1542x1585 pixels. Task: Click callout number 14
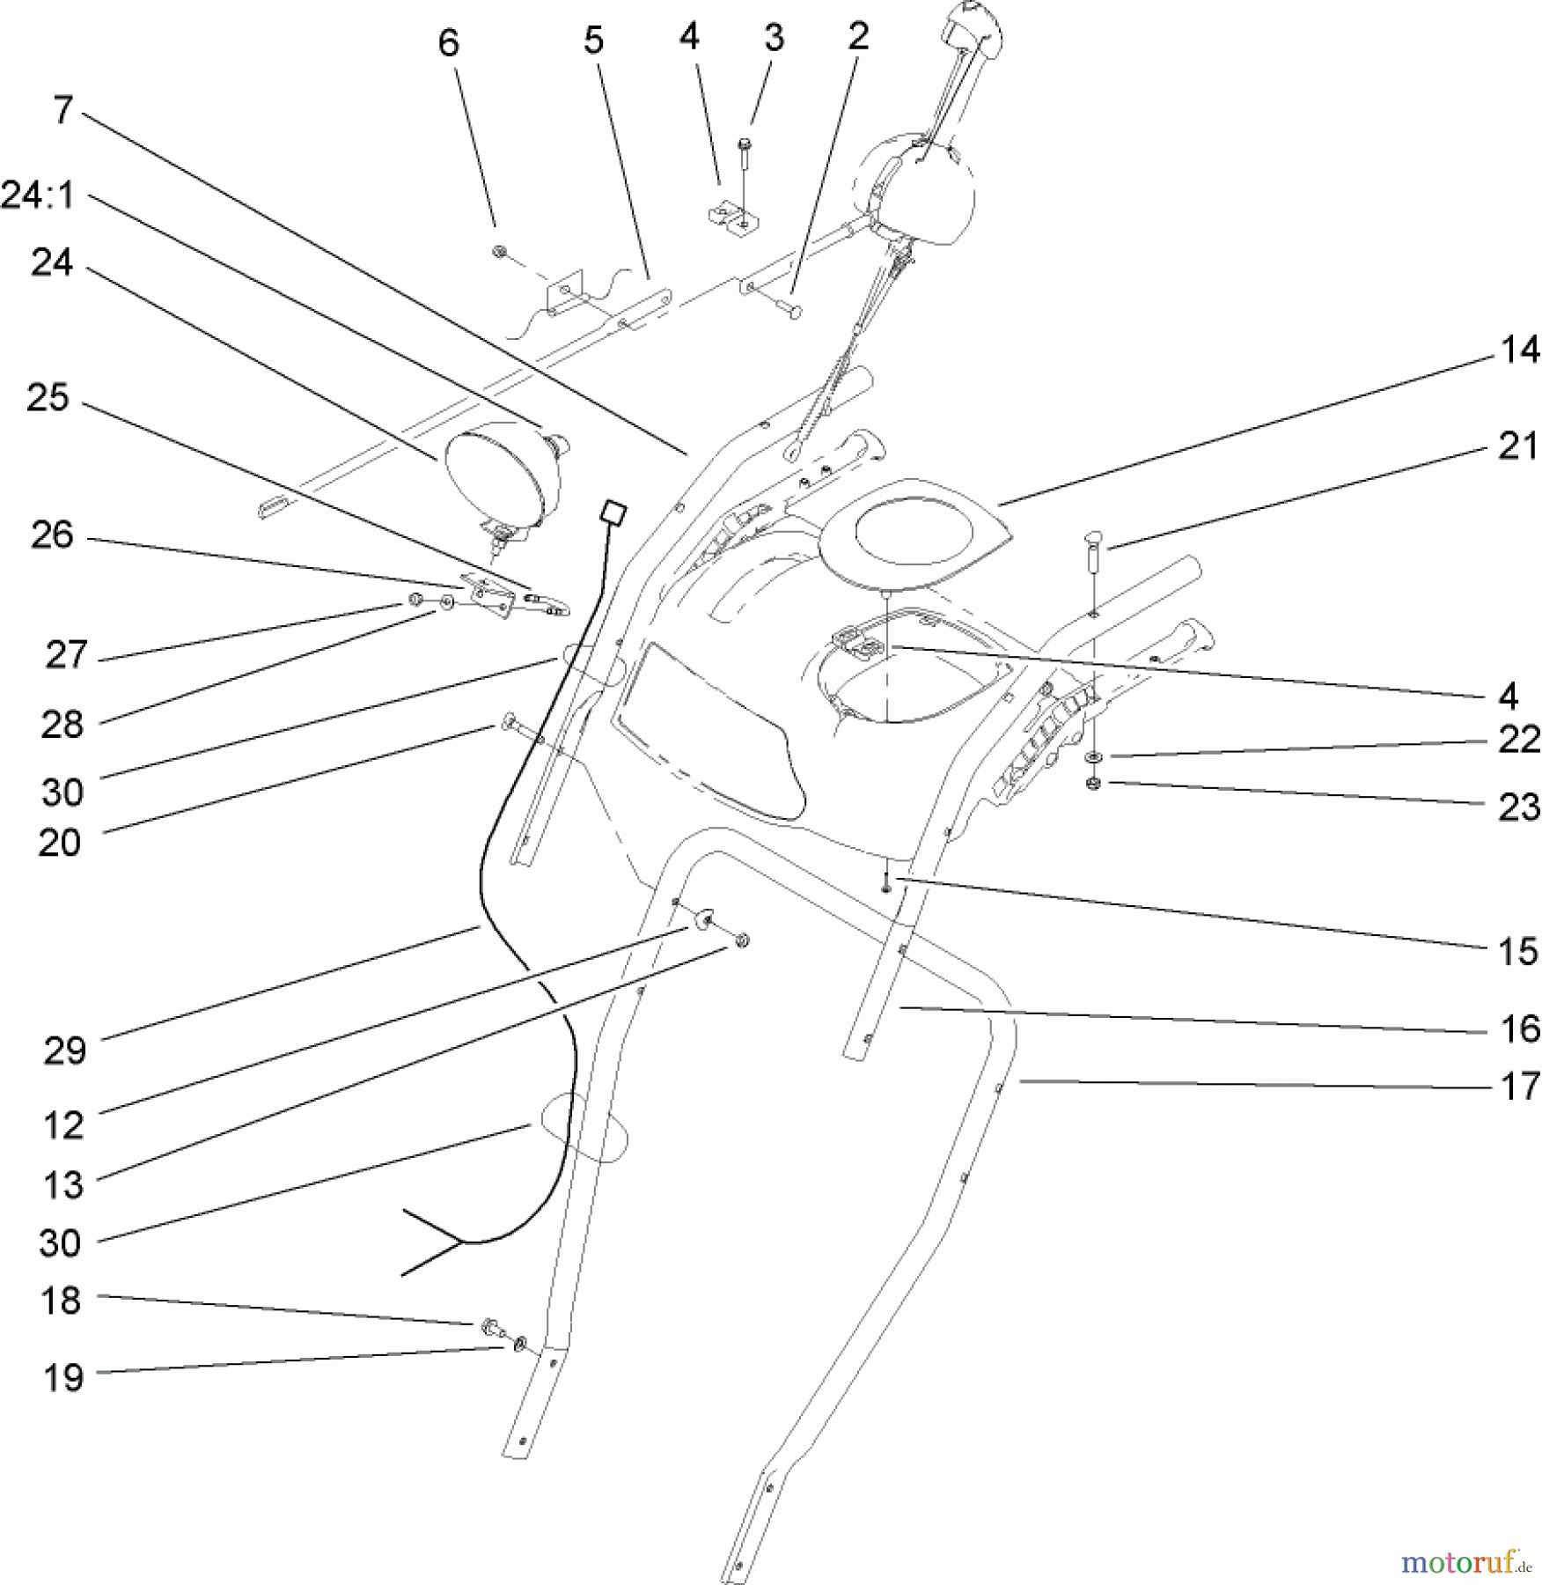click(x=1519, y=350)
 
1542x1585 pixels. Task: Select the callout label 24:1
click(x=38, y=195)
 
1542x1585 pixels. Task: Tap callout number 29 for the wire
click(x=64, y=1050)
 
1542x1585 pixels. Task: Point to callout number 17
click(x=1519, y=1086)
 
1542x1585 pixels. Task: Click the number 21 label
click(x=1519, y=446)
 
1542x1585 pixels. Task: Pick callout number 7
click(x=62, y=110)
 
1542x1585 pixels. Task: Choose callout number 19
click(x=62, y=1377)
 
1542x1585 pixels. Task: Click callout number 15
click(x=1519, y=951)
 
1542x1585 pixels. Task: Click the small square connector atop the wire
click(x=613, y=512)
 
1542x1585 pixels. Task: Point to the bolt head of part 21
click(x=1095, y=535)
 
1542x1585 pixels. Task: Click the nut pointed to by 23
click(x=1094, y=783)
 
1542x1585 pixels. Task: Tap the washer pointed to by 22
click(x=1093, y=757)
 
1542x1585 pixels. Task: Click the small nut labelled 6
click(x=499, y=252)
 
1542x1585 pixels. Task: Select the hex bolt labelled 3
click(x=745, y=146)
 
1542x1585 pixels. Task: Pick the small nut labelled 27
click(x=415, y=600)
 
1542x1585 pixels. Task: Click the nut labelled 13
click(x=742, y=941)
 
